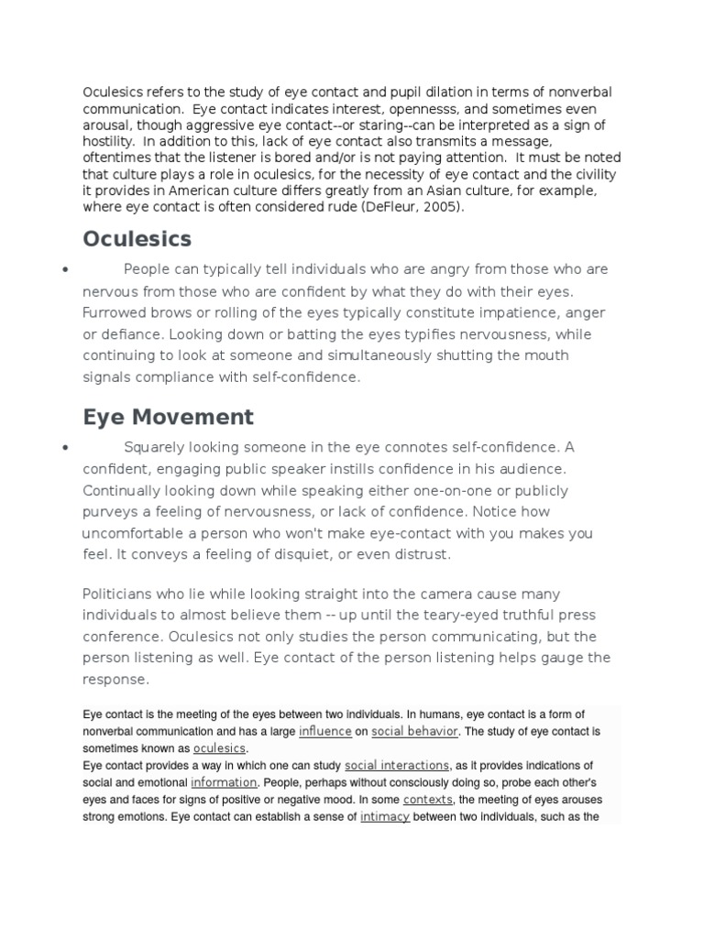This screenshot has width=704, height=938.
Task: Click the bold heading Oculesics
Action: coord(137,239)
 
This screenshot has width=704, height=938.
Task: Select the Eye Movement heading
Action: coord(168,417)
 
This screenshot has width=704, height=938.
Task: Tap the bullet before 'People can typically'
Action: coord(64,271)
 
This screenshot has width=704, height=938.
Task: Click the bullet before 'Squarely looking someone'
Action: coord(64,449)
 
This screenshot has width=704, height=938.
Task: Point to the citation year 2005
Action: coord(436,207)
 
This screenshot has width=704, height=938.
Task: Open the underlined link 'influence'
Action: coord(324,732)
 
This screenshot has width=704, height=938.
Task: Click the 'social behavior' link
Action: coord(414,732)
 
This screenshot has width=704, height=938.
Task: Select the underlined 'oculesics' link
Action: coord(219,748)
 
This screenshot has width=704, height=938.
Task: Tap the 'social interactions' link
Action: coord(396,766)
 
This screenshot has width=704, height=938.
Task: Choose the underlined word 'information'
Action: coord(224,783)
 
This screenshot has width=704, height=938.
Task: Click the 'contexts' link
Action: coord(429,800)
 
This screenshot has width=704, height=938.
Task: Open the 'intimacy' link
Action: coord(384,817)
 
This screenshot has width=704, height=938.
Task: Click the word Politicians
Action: coord(120,594)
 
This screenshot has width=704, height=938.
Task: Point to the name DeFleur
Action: coord(385,207)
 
